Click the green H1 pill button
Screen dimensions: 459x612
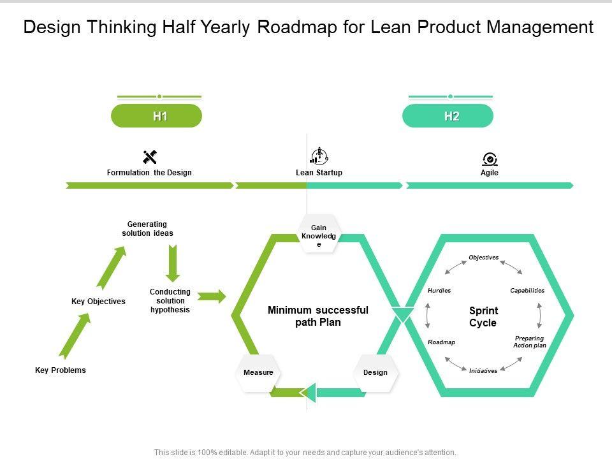coord(156,116)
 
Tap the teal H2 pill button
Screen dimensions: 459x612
coord(448,116)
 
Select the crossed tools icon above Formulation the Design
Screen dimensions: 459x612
coord(150,157)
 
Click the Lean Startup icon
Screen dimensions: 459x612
coord(319,156)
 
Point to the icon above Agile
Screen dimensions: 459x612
coord(490,159)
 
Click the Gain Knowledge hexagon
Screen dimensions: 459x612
coord(319,234)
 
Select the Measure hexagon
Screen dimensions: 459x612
coord(258,372)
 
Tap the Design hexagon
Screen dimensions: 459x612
coord(375,372)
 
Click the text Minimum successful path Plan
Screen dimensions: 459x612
coord(318,316)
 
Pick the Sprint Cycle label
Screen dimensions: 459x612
coord(483,317)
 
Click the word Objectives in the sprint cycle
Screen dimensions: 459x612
coord(484,258)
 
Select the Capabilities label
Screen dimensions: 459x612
coord(527,291)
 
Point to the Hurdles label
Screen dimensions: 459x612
coord(439,291)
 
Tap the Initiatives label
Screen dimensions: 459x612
coord(483,371)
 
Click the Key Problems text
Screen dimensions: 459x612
coord(61,370)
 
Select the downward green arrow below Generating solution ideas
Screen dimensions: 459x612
coord(173,263)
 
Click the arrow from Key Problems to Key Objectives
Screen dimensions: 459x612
coord(75,334)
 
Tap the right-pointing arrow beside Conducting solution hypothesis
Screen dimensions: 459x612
coord(212,296)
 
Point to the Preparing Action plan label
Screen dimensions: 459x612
coord(530,342)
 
